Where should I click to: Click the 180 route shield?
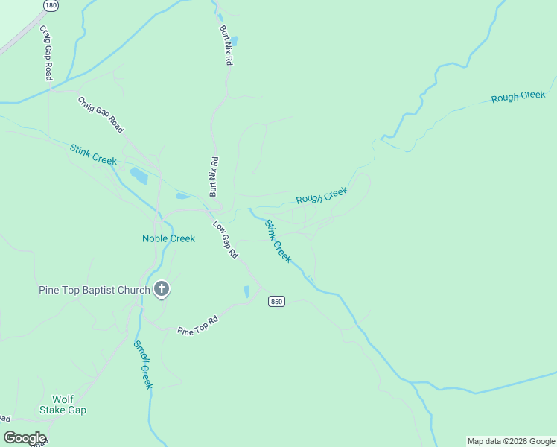pos(51,5)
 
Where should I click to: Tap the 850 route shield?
pos(277,301)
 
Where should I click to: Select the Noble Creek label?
pos(168,238)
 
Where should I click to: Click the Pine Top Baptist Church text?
pos(95,290)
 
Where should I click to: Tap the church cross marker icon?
pos(162,290)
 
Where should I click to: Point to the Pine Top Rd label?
pos(197,326)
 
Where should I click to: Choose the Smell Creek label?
pos(143,364)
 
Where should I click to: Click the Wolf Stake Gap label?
pos(69,405)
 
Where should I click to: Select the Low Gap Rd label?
pos(225,239)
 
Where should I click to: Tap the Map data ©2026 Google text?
pos(511,441)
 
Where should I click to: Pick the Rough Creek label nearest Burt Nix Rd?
pos(322,196)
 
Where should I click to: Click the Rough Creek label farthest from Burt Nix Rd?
pos(518,97)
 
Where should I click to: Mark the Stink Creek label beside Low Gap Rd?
pos(278,241)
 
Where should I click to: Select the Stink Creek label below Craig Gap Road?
pos(93,155)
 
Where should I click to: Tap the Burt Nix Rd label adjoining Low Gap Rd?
pos(214,177)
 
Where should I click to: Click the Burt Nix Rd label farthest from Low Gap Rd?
pos(225,47)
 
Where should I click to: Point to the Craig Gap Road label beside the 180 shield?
pos(46,53)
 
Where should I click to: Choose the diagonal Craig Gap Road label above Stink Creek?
pos(101,114)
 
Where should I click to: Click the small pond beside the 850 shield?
pos(246,292)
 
